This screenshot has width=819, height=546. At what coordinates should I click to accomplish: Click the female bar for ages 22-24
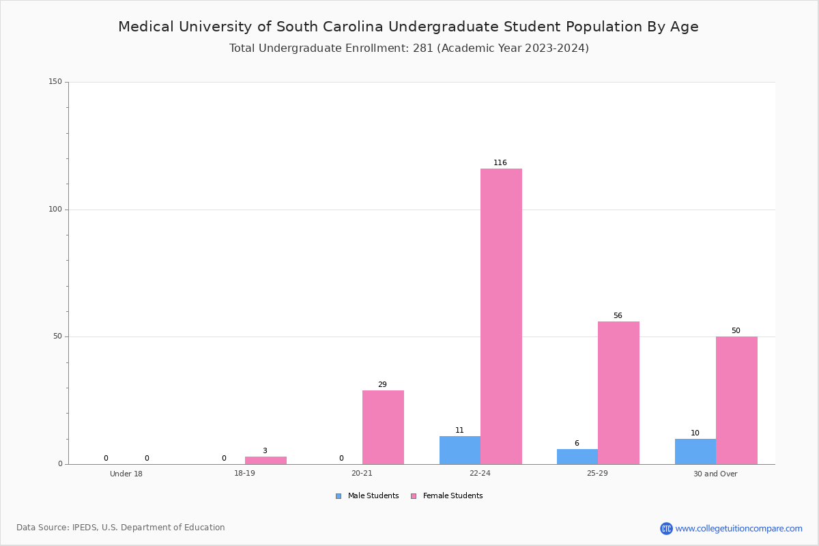(x=501, y=316)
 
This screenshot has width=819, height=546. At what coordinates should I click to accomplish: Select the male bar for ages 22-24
(x=459, y=450)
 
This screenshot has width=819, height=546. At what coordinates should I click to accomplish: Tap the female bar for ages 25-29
(x=618, y=392)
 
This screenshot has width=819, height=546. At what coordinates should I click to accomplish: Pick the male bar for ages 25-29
(x=577, y=457)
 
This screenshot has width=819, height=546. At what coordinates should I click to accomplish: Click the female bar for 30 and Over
(x=736, y=400)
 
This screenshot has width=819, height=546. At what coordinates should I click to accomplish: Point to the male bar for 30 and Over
(x=695, y=452)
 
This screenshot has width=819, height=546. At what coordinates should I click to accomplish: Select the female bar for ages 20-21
(x=383, y=427)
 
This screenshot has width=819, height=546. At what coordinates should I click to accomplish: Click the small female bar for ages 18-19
(x=265, y=461)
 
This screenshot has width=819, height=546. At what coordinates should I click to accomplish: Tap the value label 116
(x=500, y=163)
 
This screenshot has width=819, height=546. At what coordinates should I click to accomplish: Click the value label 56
(x=618, y=316)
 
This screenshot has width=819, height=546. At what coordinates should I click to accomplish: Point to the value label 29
(x=382, y=385)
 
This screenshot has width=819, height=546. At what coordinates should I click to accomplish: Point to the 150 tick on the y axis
(x=55, y=82)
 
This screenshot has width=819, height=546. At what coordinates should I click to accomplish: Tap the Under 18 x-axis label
(x=126, y=474)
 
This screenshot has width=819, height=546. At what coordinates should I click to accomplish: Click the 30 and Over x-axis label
(x=715, y=474)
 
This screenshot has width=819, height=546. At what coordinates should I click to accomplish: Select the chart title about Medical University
(x=408, y=27)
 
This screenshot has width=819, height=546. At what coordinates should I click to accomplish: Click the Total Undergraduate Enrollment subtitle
(x=409, y=48)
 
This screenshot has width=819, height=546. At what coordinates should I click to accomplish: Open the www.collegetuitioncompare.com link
(x=738, y=528)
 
